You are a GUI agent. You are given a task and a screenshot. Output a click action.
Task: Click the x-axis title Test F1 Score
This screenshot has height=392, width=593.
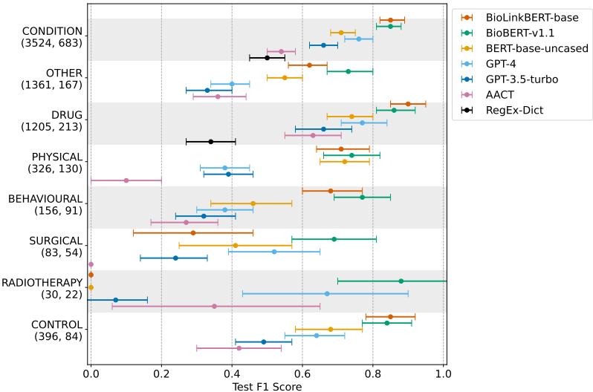pyautogui.click(x=268, y=386)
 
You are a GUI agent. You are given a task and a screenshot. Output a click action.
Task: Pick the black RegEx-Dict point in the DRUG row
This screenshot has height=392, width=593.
pyautogui.click(x=211, y=141)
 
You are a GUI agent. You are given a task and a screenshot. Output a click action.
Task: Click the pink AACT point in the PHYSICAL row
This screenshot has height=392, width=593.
pyautogui.click(x=126, y=180)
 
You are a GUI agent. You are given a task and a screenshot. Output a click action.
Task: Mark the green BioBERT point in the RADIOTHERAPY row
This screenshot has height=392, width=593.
pyautogui.click(x=401, y=281)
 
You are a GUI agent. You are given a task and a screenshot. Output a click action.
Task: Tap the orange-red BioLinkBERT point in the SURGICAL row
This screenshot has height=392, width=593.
pyautogui.click(x=193, y=232)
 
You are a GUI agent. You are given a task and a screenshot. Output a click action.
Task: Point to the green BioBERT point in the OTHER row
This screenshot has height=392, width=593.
pyautogui.click(x=349, y=71)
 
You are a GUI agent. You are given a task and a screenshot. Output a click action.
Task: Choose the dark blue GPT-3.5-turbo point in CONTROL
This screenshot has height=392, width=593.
pyautogui.click(x=264, y=342)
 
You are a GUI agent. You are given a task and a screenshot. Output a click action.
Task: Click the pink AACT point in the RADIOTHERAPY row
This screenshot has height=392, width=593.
pyautogui.click(x=214, y=306)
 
